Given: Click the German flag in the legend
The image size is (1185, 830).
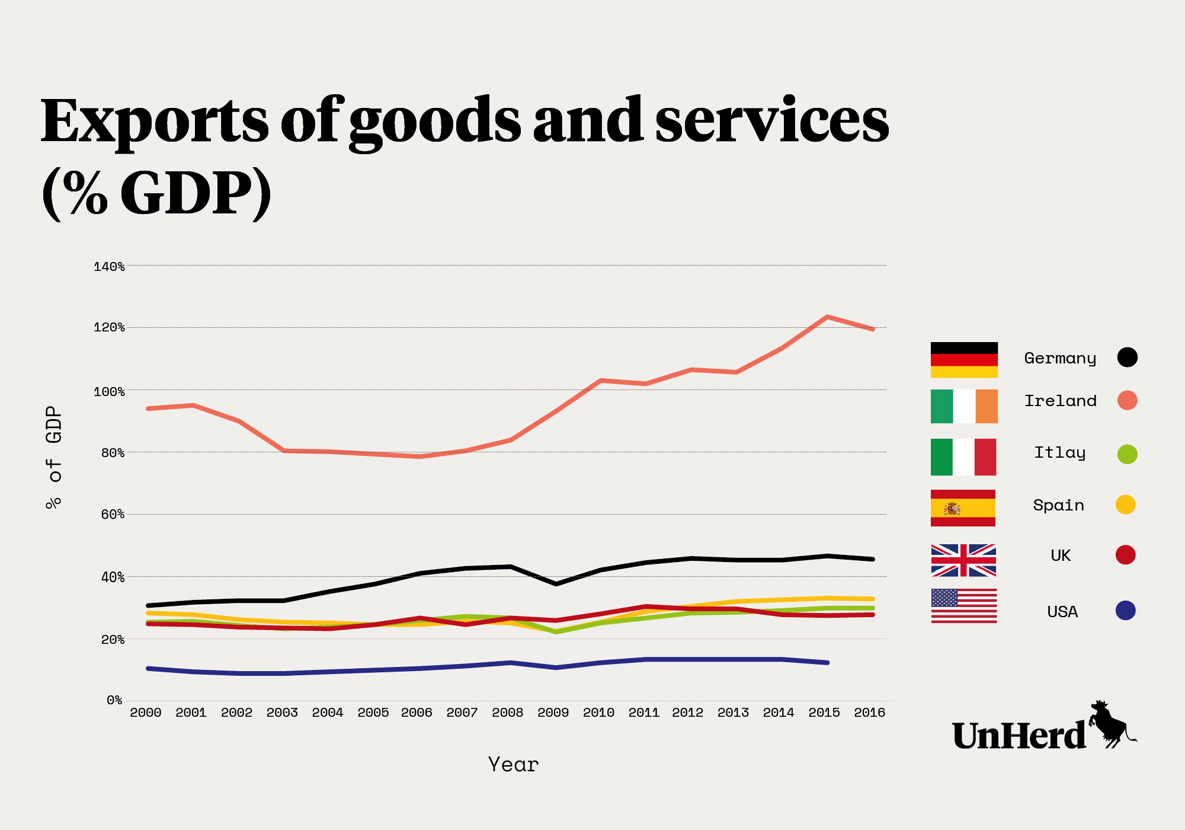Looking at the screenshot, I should click(x=964, y=360).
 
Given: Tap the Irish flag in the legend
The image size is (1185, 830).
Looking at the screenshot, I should click(x=964, y=406).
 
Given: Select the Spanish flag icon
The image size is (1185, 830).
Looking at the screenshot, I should click(x=963, y=508).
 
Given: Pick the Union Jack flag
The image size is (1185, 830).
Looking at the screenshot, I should click(x=963, y=560).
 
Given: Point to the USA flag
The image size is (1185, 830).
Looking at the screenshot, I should click(x=964, y=606).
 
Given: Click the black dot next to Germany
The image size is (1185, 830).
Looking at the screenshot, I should click(x=1127, y=357).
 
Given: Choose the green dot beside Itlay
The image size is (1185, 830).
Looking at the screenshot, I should click(x=1127, y=454).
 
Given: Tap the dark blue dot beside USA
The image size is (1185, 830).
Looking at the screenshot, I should click(x=1125, y=611).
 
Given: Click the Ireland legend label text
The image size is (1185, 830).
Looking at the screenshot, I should click(x=1061, y=401).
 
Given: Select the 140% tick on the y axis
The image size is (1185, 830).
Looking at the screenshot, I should click(x=109, y=267).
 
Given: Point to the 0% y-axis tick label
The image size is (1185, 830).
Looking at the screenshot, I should click(x=114, y=701).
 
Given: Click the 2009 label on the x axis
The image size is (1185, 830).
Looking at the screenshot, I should click(x=553, y=713).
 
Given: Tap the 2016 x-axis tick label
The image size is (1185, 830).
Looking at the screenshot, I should click(x=869, y=713).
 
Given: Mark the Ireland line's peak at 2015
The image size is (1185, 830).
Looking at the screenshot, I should click(x=827, y=317).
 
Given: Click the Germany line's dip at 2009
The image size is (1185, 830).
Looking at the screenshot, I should click(x=556, y=584).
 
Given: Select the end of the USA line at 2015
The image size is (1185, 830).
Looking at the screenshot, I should click(x=827, y=663).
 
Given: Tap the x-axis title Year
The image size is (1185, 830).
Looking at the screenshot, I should click(x=513, y=765).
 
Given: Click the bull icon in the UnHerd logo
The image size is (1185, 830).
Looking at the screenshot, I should click(x=1110, y=724).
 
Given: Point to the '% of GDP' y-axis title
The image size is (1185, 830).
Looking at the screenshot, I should click(x=53, y=457).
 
